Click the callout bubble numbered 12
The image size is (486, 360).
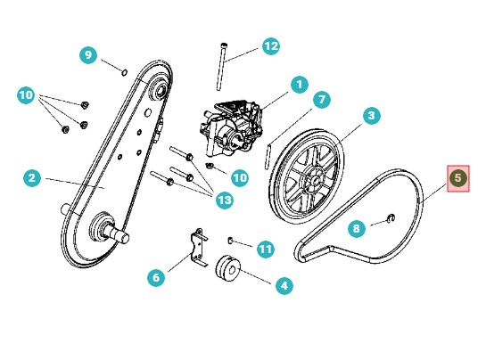[x=271, y=46]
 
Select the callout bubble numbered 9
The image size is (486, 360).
[x=88, y=55]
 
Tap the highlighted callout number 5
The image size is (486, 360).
[x=457, y=178]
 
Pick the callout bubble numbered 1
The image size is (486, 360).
[x=300, y=84]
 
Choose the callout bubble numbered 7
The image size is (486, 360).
[x=322, y=100]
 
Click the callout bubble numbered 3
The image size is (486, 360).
[x=371, y=116]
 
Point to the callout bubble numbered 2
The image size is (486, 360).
[x=32, y=178]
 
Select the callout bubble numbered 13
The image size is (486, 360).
[x=225, y=200]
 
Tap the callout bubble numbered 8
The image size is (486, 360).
[x=357, y=229]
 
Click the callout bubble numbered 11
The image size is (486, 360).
[x=266, y=249]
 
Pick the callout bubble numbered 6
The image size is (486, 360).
[x=156, y=277]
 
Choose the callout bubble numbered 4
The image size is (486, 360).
[x=284, y=285]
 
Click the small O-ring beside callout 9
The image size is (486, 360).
[x=124, y=72]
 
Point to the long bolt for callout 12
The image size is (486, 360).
[x=222, y=66]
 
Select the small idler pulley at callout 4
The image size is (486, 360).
[x=228, y=268]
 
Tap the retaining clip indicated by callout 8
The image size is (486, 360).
[x=392, y=218]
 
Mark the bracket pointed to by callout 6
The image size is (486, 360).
[x=199, y=247]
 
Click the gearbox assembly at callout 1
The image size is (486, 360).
[x=231, y=127]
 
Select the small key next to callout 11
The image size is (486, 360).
[x=230, y=240]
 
